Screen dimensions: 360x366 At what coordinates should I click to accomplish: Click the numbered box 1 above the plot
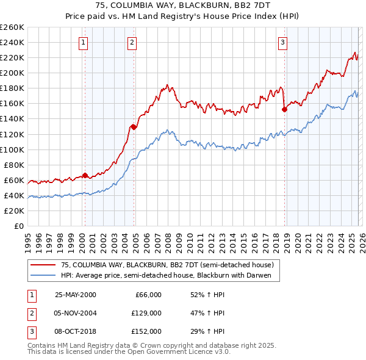pos(83,42)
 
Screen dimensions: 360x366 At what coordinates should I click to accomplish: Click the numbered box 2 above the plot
pos(132,42)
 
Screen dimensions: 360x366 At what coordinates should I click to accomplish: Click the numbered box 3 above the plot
pos(283,42)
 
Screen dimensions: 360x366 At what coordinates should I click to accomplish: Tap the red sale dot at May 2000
pos(85,175)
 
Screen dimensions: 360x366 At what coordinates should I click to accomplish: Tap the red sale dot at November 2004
pos(134,127)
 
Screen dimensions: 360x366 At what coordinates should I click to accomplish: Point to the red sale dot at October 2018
pos(284,109)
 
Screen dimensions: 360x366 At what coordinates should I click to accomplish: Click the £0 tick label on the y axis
pos(18,226)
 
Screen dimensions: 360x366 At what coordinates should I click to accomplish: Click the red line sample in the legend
pos(43,265)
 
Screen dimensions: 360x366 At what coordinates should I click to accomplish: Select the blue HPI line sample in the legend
pos(43,276)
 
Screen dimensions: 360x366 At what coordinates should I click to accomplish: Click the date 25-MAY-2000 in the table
pos(75,295)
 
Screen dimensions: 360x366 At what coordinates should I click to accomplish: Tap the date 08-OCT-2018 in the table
pos(75,332)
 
